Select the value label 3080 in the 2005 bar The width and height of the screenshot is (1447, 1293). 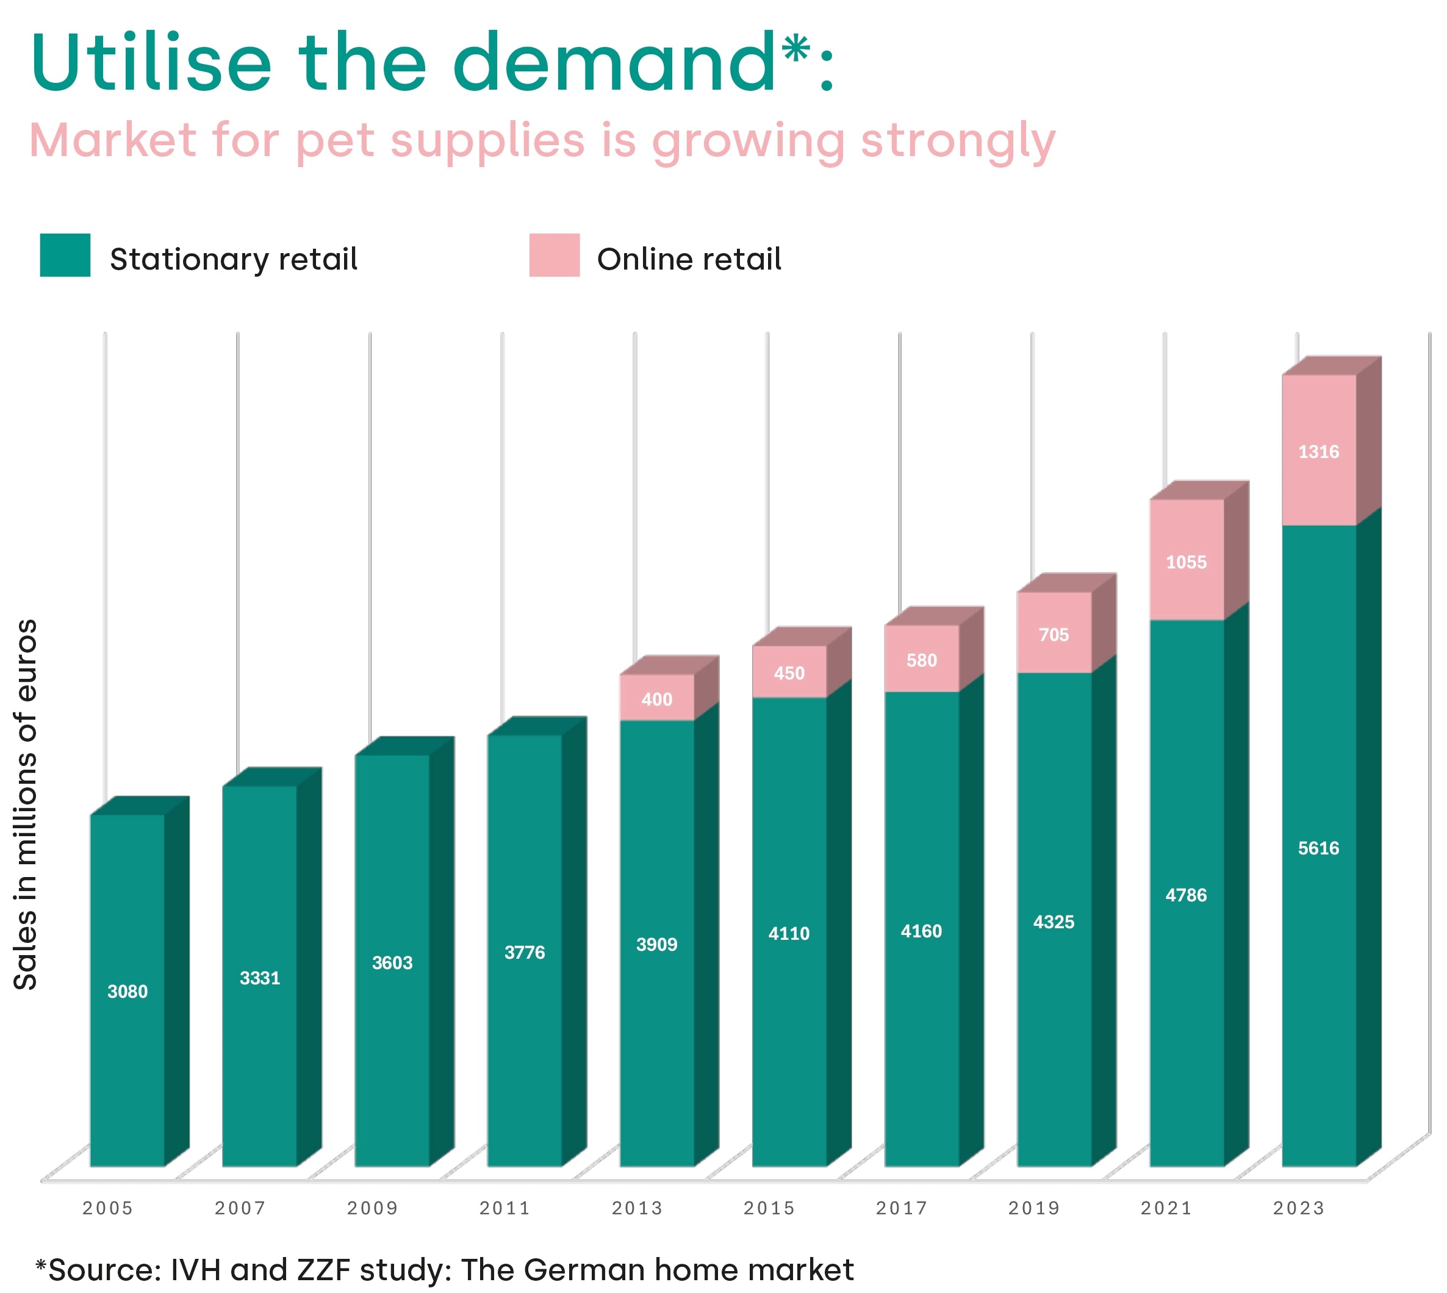[127, 991]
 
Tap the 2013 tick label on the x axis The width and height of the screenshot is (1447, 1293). [637, 1208]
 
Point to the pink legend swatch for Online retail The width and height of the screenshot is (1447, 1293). [555, 255]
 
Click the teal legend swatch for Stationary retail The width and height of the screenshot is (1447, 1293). [65, 255]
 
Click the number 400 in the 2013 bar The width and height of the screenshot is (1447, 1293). [656, 699]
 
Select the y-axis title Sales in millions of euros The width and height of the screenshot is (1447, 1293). [26, 804]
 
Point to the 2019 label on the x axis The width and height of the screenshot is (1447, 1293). [1033, 1208]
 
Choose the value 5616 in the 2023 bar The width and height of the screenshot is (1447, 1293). [1318, 848]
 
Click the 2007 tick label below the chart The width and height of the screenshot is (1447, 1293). [240, 1208]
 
